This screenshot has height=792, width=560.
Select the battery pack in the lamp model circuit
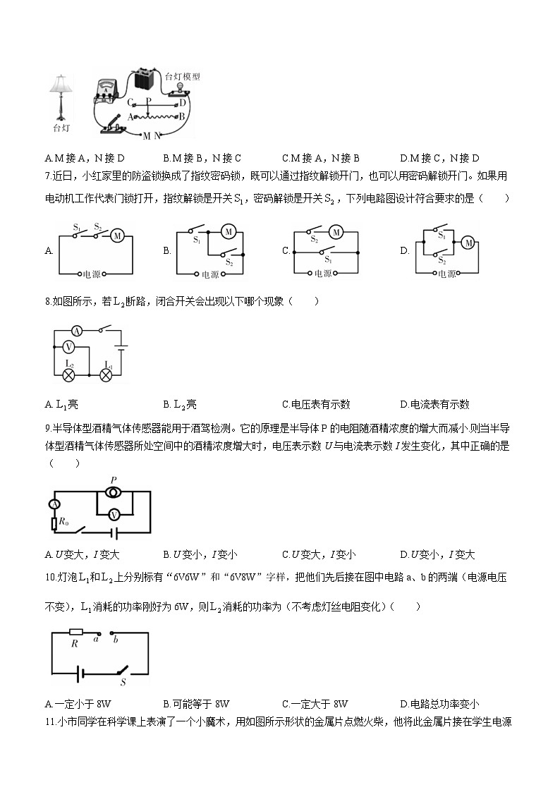pyautogui.click(x=145, y=79)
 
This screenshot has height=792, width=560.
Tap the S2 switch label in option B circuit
pyautogui.click(x=229, y=262)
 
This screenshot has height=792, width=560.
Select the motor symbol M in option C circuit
pyautogui.click(x=336, y=232)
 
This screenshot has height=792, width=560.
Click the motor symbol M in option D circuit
pyautogui.click(x=467, y=243)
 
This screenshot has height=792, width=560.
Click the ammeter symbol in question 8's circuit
pyautogui.click(x=75, y=330)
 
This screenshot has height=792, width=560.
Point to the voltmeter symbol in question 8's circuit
pyautogui.click(x=68, y=347)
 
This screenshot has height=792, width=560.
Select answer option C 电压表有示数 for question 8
pyautogui.click(x=315, y=404)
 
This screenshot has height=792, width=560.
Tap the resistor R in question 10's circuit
pyautogui.click(x=75, y=633)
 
